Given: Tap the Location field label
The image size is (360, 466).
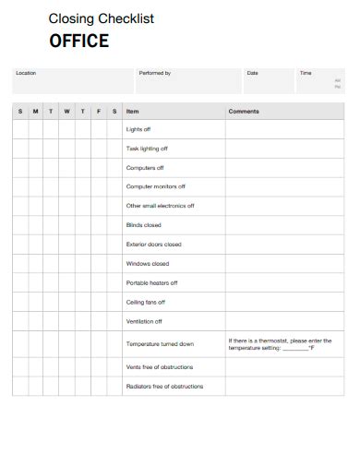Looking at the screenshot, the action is click(26, 73).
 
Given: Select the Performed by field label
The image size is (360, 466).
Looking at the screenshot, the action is click(154, 73).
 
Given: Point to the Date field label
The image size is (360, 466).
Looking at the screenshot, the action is click(252, 73).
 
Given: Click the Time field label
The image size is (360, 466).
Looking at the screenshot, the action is click(306, 73).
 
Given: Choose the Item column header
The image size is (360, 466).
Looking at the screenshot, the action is click(133, 111).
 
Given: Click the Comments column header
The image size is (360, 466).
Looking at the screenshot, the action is click(244, 111).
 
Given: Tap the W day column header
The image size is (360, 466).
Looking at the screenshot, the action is click(66, 111).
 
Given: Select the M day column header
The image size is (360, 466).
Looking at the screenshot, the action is click(35, 111).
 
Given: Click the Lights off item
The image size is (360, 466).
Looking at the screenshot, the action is click(138, 129).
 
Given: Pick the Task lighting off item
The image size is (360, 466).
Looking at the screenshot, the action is click(147, 149).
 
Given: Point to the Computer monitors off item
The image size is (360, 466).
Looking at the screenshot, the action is click(152, 186).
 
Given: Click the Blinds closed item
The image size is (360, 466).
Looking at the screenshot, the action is click(144, 225).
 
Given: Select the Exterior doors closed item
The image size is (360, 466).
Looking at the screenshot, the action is click(154, 245).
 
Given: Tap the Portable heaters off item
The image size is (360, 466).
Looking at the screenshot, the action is click(151, 282).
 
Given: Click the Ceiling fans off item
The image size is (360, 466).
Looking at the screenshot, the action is click(146, 302).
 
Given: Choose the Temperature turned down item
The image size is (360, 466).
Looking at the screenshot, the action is click(160, 344).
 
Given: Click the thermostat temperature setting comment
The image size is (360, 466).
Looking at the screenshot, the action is click(279, 344).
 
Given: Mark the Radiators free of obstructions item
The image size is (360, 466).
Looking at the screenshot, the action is click(164, 386).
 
